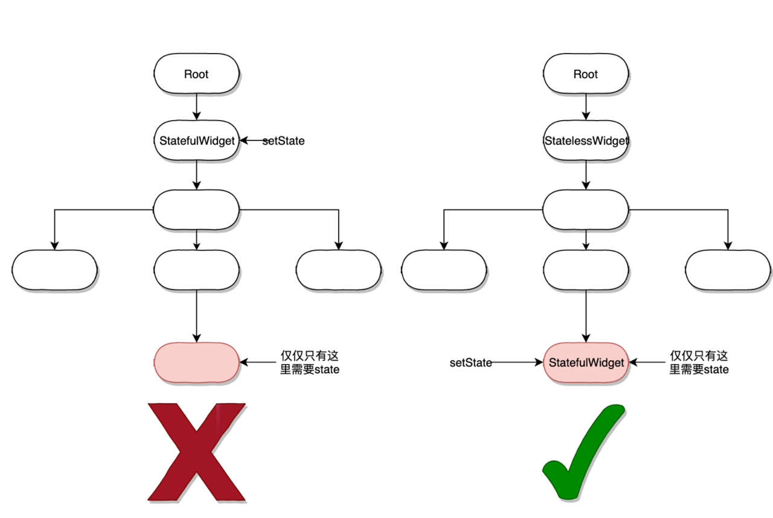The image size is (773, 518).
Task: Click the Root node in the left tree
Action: click(x=196, y=74)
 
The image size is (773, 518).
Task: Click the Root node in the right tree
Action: click(x=586, y=74)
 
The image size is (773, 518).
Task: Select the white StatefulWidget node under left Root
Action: click(x=196, y=141)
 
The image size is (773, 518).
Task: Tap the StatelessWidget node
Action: click(x=586, y=141)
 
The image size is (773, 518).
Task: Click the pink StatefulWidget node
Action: click(x=586, y=362)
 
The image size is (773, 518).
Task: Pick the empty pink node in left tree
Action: click(x=196, y=362)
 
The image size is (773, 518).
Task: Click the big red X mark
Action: click(x=196, y=452)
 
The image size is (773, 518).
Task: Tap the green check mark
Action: click(x=583, y=452)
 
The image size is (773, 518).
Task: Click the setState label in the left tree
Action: click(x=283, y=141)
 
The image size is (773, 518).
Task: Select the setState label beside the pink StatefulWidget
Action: click(x=470, y=362)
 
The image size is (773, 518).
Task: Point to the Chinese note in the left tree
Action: click(x=310, y=362)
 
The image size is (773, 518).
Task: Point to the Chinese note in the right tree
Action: click(x=699, y=362)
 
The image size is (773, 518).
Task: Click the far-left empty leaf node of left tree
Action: click(x=54, y=270)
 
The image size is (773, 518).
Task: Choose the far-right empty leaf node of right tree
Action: click(x=728, y=270)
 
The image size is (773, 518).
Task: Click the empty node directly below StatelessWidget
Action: click(x=586, y=209)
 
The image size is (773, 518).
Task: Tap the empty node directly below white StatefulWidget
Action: click(x=196, y=209)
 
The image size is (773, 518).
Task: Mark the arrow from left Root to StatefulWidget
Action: click(x=196, y=107)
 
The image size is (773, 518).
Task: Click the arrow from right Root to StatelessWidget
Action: click(x=586, y=107)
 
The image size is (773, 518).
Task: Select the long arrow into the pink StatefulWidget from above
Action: click(x=586, y=316)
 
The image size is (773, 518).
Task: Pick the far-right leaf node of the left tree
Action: click(x=339, y=270)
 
